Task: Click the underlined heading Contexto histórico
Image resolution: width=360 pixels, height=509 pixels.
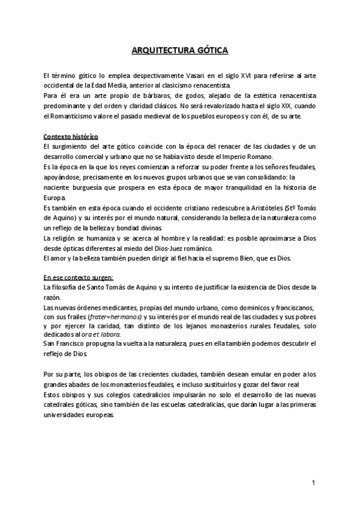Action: [71, 136]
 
